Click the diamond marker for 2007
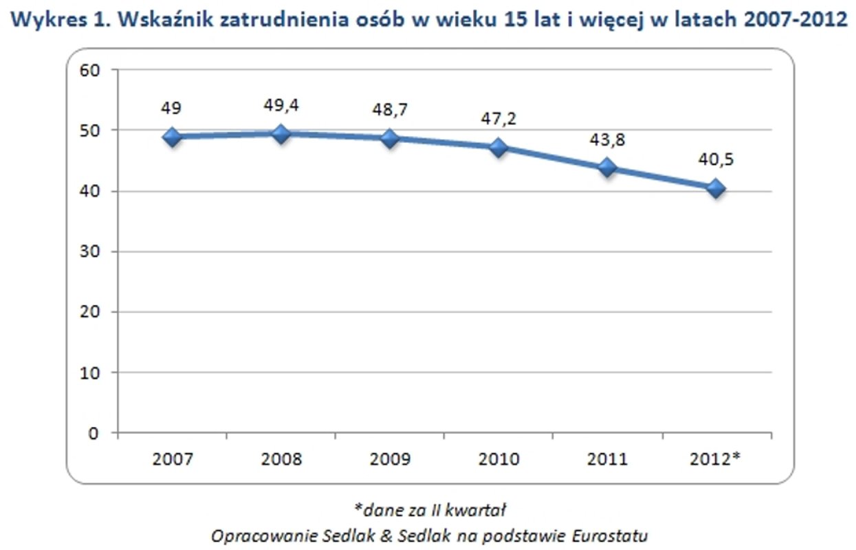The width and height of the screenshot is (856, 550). pos(172,136)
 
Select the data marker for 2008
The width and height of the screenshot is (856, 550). pos(281,133)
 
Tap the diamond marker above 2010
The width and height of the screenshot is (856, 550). pos(498,147)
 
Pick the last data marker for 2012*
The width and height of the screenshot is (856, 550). pos(716,188)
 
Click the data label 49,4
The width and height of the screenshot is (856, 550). pos(281,105)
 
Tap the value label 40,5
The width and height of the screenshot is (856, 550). pos(716,159)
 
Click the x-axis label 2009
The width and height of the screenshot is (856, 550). pos(390,459)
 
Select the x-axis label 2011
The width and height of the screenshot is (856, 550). pos(607,459)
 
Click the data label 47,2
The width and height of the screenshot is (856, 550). pos(498,119)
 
